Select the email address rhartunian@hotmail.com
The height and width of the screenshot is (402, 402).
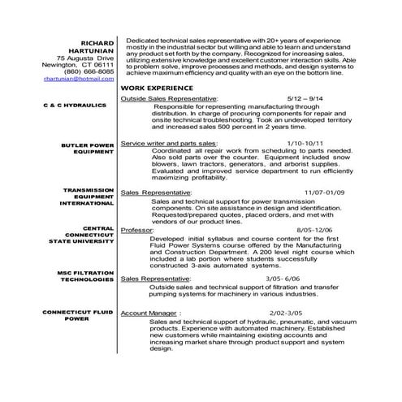(79, 78)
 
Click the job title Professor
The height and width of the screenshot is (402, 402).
(136, 231)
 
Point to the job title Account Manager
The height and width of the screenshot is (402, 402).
(149, 312)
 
